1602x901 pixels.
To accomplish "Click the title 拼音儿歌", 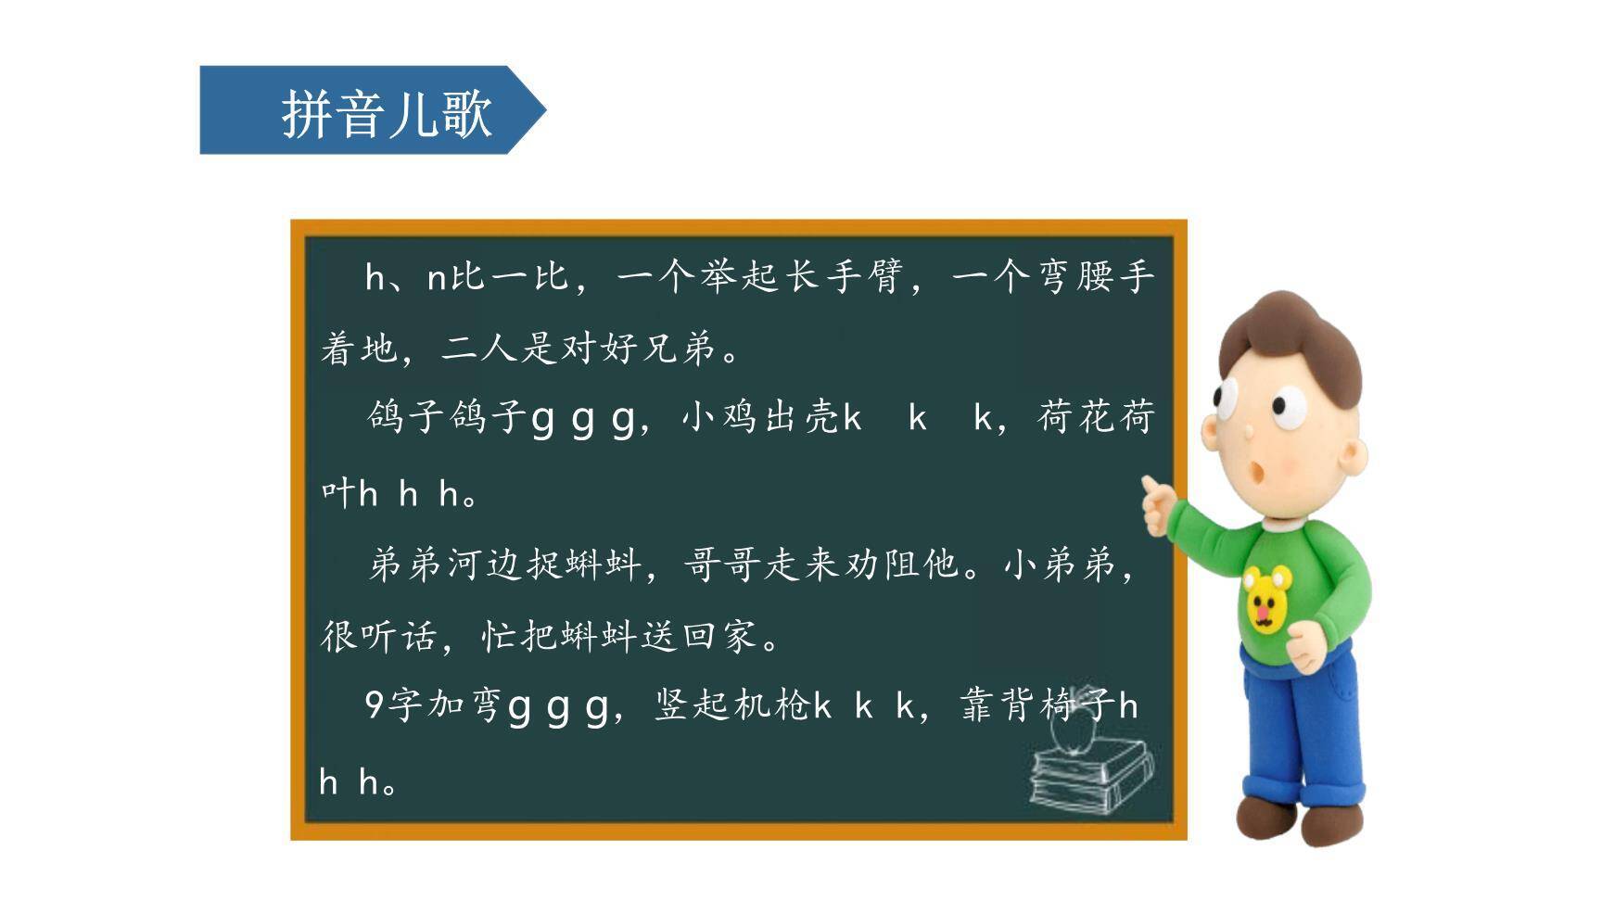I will click(386, 113).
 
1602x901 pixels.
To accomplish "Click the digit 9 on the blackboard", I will click(374, 705).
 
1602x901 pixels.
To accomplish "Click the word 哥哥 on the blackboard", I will click(722, 563).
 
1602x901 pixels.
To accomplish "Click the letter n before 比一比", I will click(437, 277).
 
